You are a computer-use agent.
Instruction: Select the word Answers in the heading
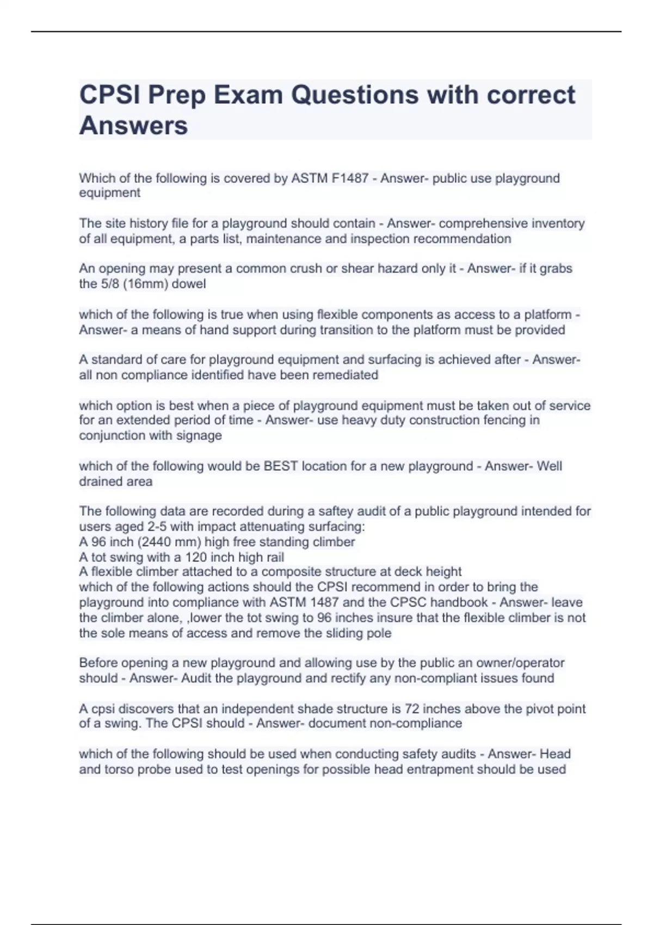click(x=133, y=126)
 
